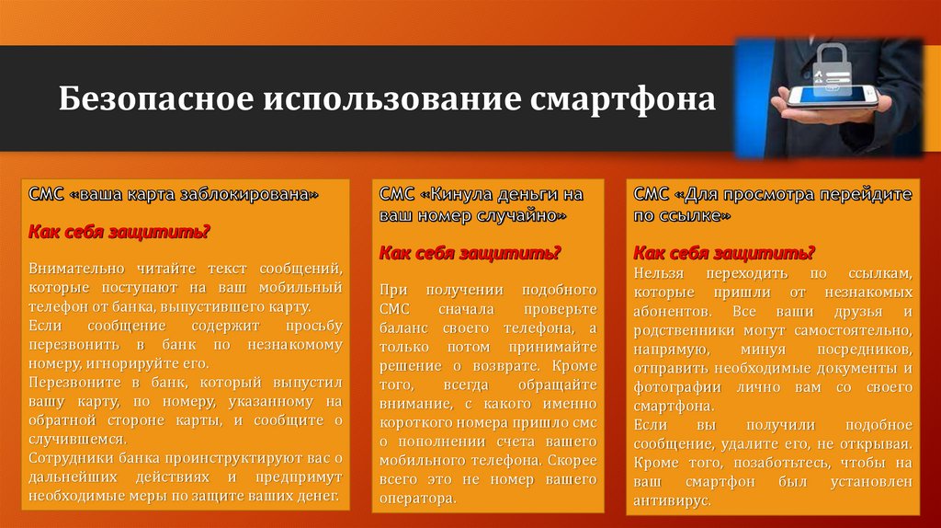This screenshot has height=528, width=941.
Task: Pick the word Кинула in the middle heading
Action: coord(464,195)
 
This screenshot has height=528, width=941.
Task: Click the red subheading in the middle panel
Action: coord(470,252)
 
